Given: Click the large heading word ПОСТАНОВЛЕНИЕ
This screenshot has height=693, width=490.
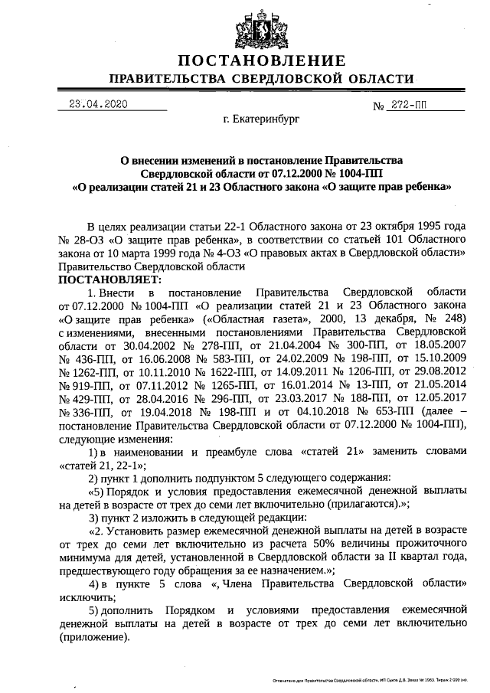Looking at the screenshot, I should [262, 61].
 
